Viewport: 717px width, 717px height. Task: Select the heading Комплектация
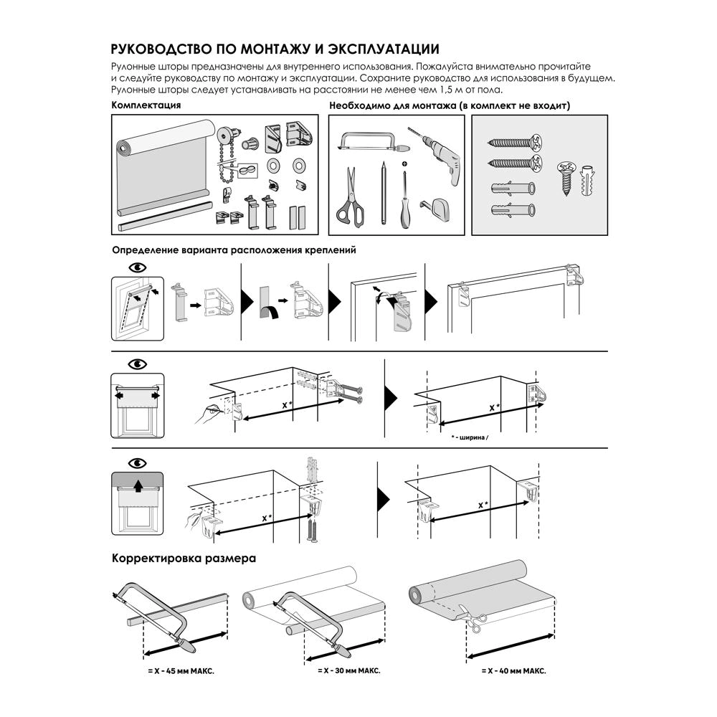point(146,105)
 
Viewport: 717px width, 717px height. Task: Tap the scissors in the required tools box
point(349,196)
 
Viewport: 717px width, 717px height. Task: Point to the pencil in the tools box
point(384,194)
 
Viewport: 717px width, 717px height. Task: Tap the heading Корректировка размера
point(184,558)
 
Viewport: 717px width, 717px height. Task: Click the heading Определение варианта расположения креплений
point(234,251)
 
